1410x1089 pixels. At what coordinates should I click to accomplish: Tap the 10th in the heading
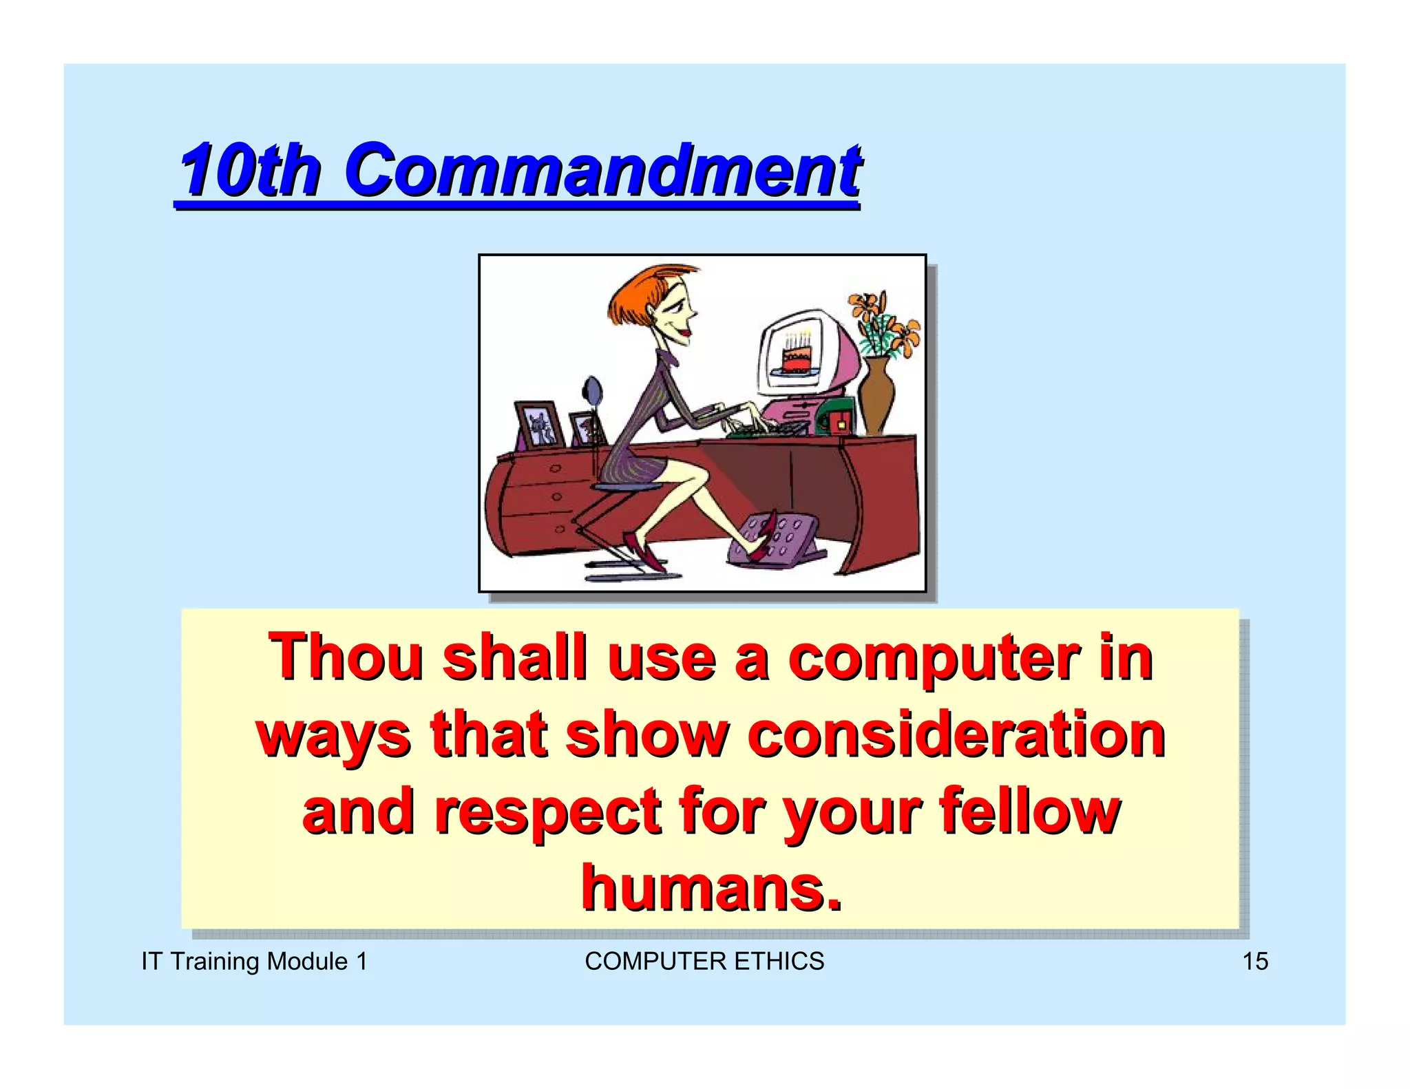tap(250, 170)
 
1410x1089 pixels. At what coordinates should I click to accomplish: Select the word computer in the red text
tap(933, 658)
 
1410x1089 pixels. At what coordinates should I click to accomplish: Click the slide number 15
tap(1254, 961)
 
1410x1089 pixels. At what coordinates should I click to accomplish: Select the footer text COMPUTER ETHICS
tap(704, 961)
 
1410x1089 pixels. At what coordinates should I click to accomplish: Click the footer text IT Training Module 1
tap(254, 961)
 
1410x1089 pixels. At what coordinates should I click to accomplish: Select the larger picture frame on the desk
tap(539, 424)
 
